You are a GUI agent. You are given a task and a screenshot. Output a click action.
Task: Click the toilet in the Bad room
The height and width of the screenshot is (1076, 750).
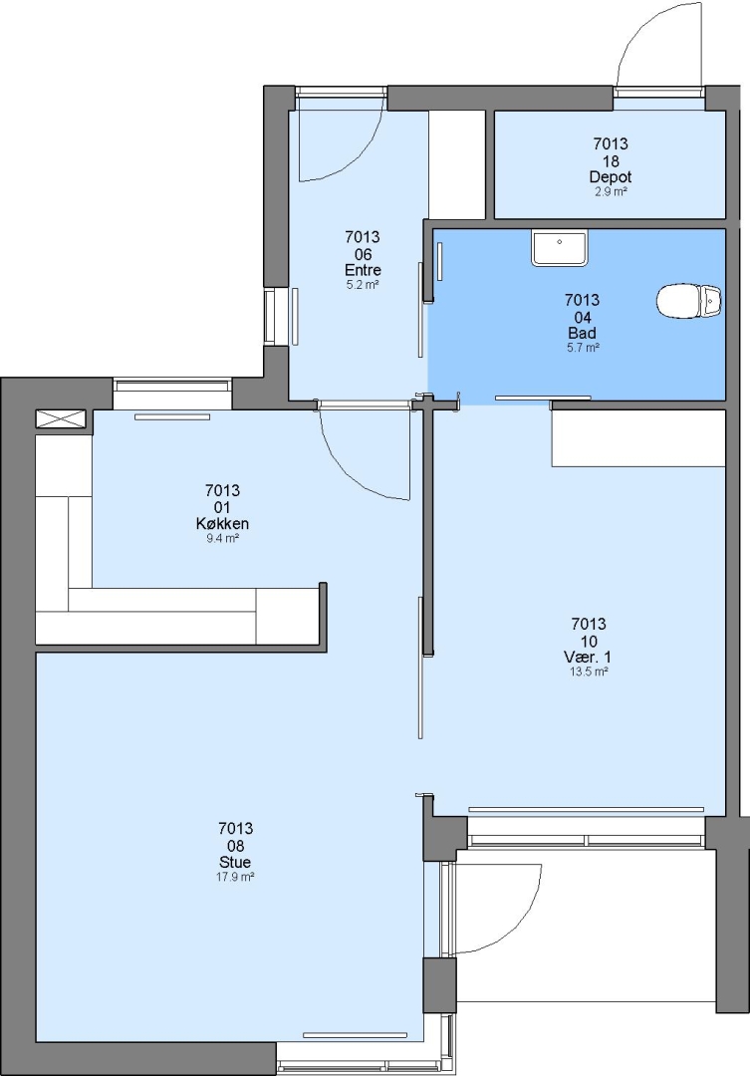(689, 302)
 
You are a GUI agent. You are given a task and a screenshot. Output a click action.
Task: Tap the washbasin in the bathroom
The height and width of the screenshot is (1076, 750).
(559, 248)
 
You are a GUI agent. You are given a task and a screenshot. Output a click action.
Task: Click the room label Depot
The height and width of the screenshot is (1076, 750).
(610, 177)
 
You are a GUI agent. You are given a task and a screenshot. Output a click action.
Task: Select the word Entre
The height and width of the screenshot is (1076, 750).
(363, 270)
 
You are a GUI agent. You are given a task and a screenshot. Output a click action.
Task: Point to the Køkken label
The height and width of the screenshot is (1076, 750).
(222, 524)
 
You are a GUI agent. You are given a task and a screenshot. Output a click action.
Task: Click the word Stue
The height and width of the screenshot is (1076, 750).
(235, 862)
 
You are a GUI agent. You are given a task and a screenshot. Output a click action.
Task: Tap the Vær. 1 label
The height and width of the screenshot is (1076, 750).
(588, 658)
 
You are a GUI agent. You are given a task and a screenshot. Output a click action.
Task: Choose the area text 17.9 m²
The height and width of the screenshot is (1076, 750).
(235, 877)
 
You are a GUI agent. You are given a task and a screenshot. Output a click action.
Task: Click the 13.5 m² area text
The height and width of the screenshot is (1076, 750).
(589, 672)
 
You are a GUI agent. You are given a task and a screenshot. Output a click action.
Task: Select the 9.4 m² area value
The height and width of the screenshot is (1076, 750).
(222, 539)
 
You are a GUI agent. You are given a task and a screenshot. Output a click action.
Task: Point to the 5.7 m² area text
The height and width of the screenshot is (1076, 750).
(583, 348)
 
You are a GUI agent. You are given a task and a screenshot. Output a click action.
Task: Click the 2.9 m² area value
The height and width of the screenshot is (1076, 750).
(611, 191)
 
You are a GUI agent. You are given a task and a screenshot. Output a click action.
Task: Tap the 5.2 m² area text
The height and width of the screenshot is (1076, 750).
(363, 285)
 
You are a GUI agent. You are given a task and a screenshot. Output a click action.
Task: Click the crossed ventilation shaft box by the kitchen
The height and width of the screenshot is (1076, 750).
(61, 419)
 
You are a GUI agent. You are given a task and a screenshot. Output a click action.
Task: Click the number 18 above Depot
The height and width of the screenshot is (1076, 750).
(610, 161)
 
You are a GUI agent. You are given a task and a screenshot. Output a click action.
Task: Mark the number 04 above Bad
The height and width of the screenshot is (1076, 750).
(582, 317)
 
